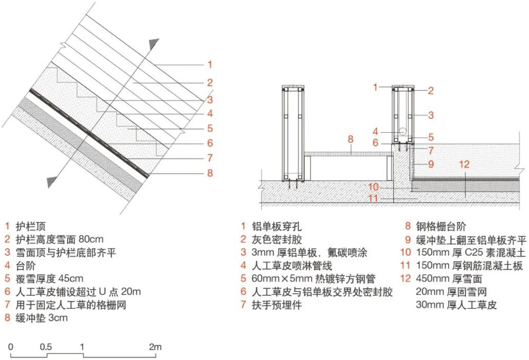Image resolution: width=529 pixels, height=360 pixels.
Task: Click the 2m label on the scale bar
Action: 155,347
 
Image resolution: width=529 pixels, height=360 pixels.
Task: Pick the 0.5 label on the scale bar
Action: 46,347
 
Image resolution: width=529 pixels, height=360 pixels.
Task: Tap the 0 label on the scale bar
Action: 10,347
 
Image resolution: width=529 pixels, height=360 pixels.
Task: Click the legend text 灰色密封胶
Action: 277,240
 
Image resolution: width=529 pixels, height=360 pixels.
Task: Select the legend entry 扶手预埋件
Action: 277,305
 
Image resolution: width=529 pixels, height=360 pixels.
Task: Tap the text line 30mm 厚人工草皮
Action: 456,305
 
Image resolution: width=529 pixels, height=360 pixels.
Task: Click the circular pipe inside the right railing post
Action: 403,131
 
